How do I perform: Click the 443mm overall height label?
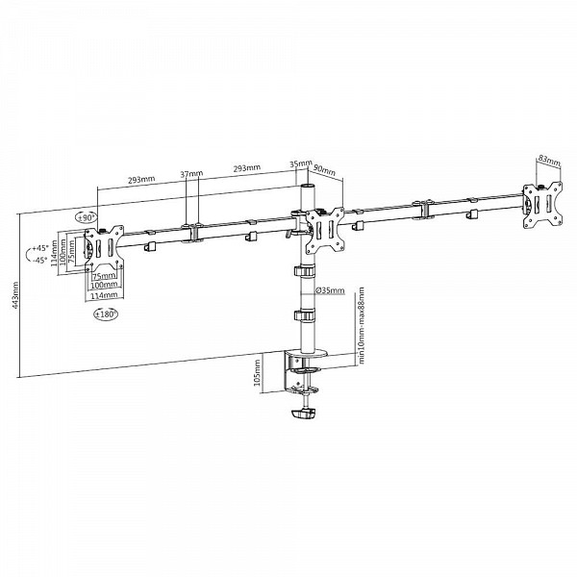coord(14,295)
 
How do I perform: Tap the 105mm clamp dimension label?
coord(257,372)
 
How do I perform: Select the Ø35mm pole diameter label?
coord(330,290)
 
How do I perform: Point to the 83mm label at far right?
coord(549,161)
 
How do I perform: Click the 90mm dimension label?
coord(324,170)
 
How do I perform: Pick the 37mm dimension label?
coord(191,173)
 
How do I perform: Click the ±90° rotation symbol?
coord(86,217)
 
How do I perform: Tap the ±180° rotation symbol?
coord(105,314)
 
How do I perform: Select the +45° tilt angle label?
coord(40,248)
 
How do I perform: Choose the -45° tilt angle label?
coord(40,261)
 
